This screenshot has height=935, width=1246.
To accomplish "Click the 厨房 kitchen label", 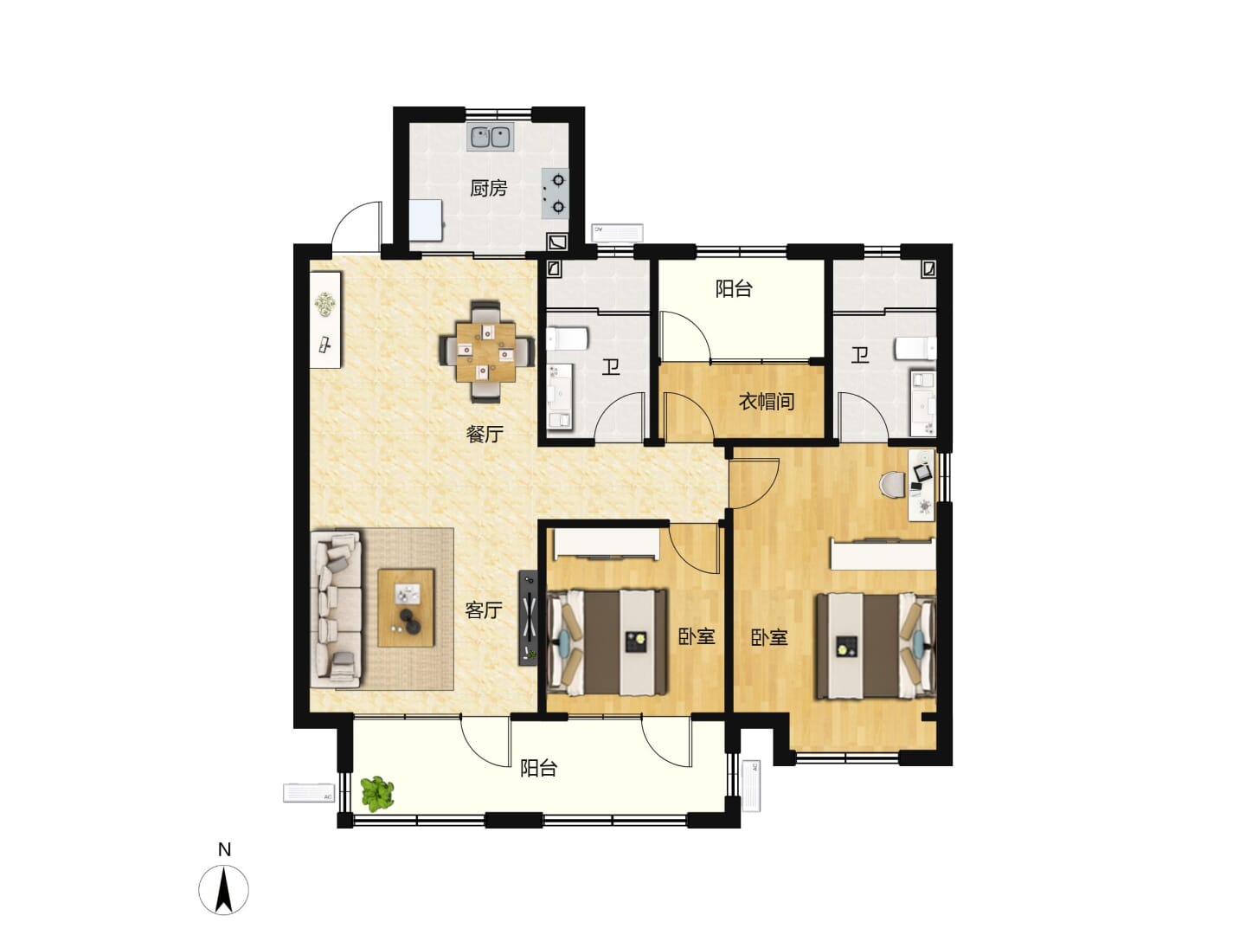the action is point(488,188).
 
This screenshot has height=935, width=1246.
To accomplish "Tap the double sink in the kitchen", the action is point(490,137).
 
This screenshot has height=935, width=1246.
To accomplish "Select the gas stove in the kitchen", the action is point(555,194).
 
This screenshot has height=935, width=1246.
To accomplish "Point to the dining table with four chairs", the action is point(486,351).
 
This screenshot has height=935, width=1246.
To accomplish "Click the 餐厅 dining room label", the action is point(485,435).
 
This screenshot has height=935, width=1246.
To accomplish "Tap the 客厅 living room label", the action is point(483,610).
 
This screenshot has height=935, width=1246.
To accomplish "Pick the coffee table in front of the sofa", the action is point(406,608).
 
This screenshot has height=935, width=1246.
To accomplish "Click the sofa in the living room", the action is point(336,609).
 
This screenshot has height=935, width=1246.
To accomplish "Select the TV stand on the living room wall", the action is point(528,617).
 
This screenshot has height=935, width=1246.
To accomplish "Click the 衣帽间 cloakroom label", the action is point(766,402).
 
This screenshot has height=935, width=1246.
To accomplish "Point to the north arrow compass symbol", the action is point(223,890).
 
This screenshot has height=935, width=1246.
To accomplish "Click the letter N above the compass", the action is point(224,850).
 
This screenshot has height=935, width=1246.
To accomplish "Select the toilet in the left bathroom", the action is point(567,339).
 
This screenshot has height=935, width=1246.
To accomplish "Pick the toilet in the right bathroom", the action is point(915,348).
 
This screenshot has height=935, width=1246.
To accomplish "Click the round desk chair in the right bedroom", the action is point(893,485).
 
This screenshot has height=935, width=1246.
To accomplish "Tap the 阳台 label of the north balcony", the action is point(734,288).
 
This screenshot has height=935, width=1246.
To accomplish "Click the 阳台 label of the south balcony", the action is point(539,768).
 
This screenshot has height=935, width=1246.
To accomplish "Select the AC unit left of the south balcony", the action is point(310,792).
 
